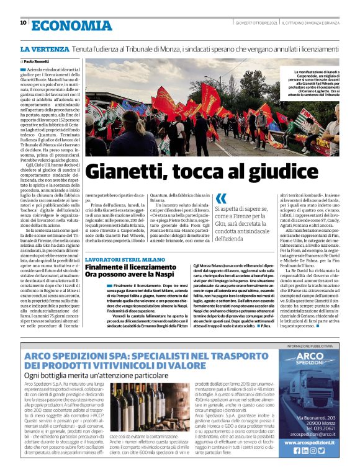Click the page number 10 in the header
(24, 24)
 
